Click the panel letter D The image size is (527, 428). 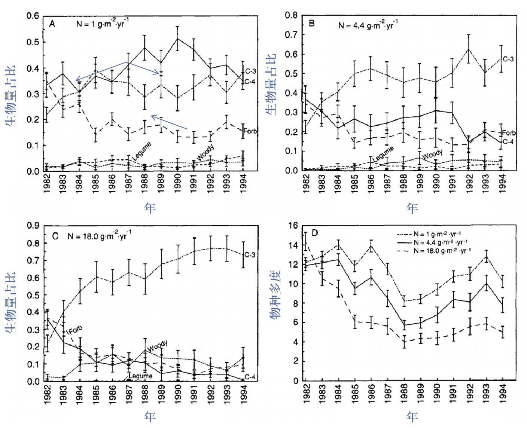click(x=314, y=233)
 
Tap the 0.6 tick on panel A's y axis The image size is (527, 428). click(x=33, y=16)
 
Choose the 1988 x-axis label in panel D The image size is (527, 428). click(x=404, y=393)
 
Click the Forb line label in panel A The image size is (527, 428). click(x=250, y=131)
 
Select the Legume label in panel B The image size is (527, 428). click(x=383, y=154)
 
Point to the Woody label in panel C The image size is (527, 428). click(x=157, y=346)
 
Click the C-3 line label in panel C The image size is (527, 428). click(x=250, y=255)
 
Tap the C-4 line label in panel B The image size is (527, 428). click(x=508, y=141)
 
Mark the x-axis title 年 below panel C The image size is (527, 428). click(x=150, y=416)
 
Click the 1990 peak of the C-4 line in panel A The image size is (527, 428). click(x=177, y=38)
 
